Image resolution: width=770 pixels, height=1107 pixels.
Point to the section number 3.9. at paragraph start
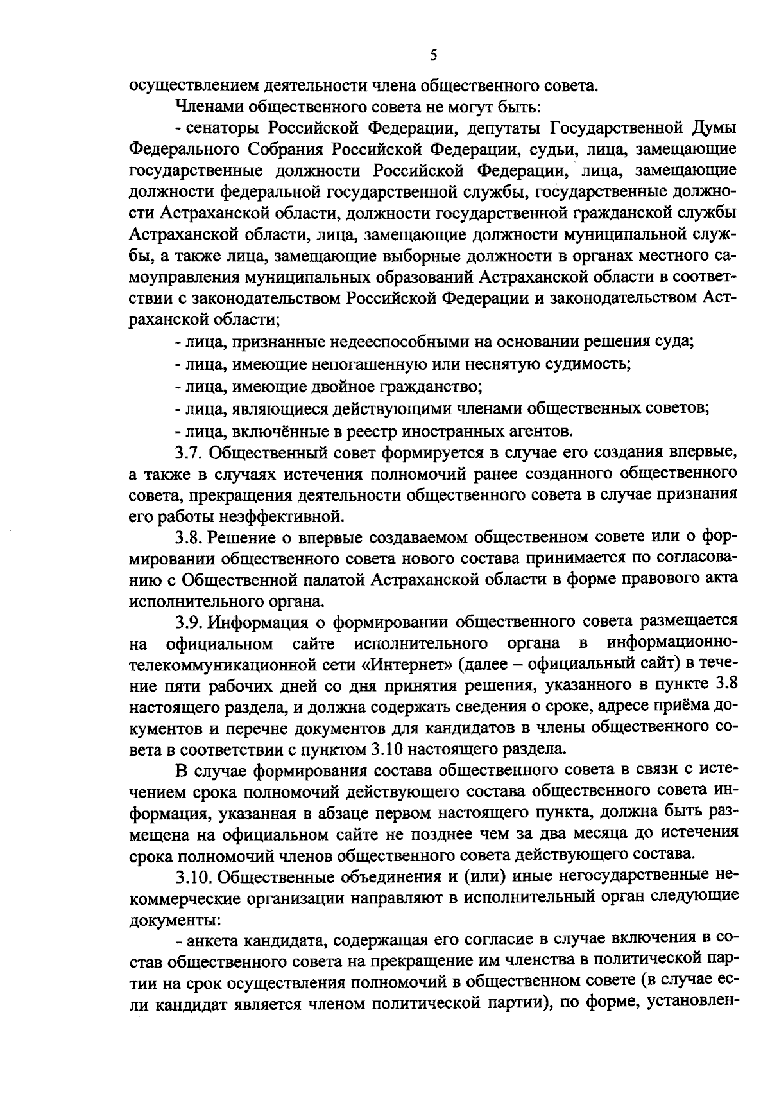191,621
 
